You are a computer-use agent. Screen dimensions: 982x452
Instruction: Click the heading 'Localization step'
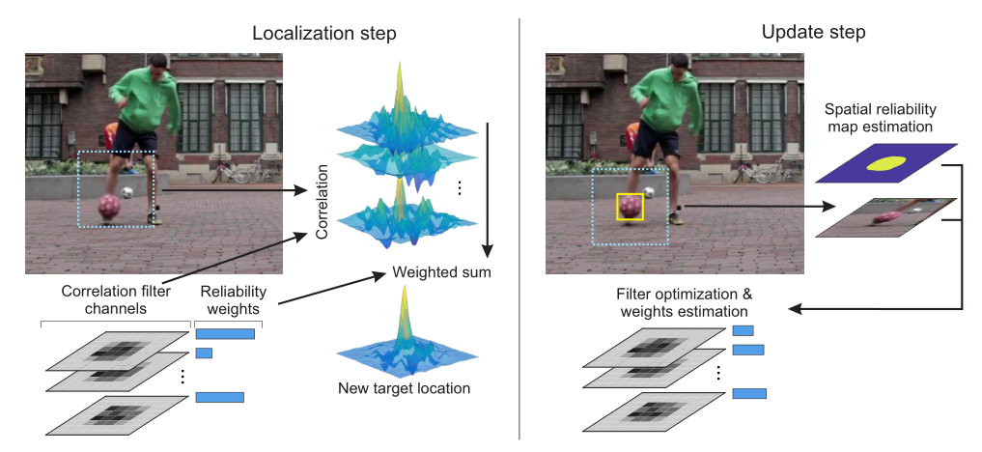tap(324, 33)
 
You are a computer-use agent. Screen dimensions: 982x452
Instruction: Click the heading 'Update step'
tap(813, 32)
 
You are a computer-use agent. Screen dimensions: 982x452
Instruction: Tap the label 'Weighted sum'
tap(441, 272)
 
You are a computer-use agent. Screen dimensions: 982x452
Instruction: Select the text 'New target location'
tap(404, 389)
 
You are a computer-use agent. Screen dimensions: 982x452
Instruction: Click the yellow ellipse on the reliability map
tap(885, 162)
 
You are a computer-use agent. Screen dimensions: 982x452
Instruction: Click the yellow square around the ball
tap(630, 206)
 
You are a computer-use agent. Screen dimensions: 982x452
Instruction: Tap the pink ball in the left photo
tap(110, 206)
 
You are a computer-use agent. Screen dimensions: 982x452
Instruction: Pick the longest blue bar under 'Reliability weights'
tap(225, 334)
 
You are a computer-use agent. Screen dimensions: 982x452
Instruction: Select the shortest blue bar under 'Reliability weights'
tap(204, 353)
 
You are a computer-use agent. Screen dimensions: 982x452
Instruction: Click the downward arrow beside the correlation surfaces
tap(491, 184)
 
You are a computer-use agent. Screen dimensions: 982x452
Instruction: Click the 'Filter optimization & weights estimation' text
tap(683, 302)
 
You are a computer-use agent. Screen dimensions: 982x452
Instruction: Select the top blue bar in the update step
tap(743, 331)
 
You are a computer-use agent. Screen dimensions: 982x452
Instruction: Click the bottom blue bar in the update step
tap(749, 393)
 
